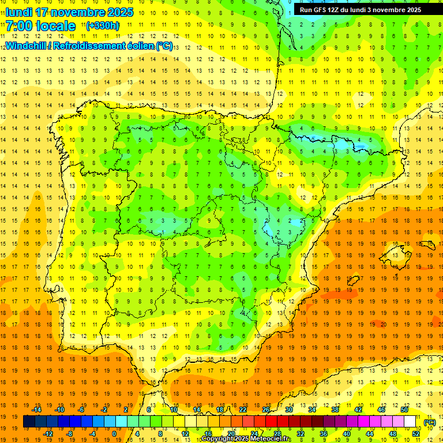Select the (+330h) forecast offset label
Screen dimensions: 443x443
(x=102, y=25)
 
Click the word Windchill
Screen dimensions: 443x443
(x=24, y=46)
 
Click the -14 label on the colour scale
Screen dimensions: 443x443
(x=37, y=410)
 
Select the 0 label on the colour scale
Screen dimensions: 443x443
(x=114, y=434)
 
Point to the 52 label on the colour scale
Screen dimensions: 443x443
(x=416, y=434)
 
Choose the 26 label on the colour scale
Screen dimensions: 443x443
(x=266, y=410)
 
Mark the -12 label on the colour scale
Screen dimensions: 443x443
(x=48, y=434)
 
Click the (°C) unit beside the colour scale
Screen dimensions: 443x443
(x=429, y=422)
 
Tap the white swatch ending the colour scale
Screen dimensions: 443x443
(x=410, y=422)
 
